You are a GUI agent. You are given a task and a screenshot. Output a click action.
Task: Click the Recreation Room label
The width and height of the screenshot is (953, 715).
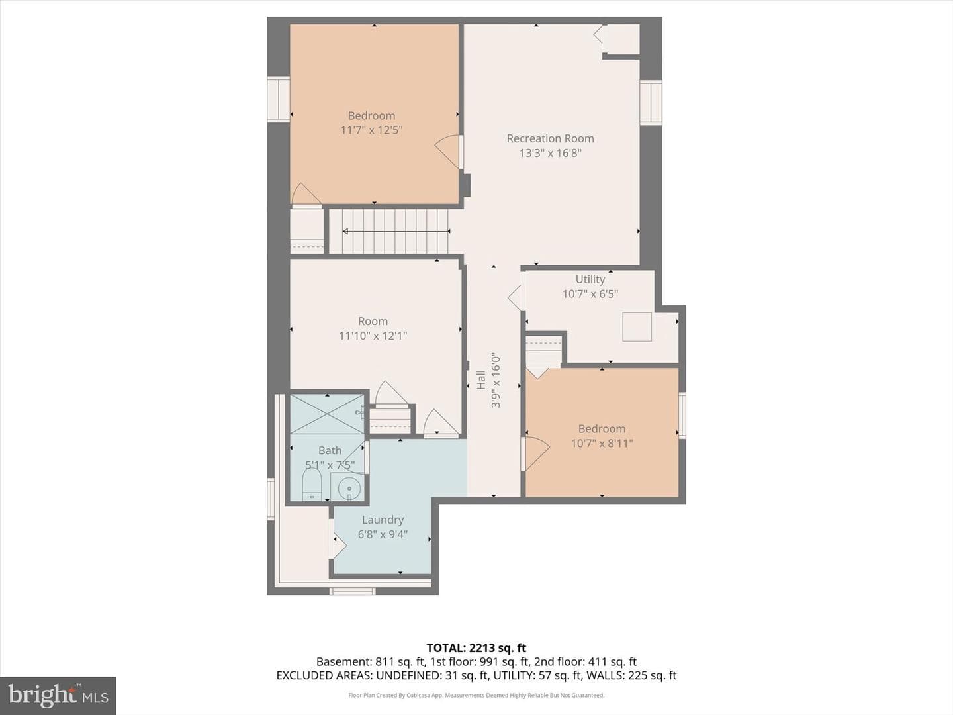click(550, 138)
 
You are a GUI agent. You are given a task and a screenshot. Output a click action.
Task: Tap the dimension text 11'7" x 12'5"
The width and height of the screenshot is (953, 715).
click(372, 130)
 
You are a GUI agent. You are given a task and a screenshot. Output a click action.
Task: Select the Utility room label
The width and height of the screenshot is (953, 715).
click(590, 279)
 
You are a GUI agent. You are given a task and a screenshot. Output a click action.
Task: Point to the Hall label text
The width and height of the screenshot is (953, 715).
click(480, 379)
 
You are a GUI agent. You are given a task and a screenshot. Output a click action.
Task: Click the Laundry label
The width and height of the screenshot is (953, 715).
click(383, 520)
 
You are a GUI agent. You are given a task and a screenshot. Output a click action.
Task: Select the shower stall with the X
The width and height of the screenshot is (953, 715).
click(327, 414)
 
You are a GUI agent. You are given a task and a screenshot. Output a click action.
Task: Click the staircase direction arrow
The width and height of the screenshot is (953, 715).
click(396, 232)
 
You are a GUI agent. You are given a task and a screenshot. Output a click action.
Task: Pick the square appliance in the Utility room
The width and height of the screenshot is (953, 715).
click(637, 326)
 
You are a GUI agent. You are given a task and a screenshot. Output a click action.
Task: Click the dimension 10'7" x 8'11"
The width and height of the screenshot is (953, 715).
click(602, 444)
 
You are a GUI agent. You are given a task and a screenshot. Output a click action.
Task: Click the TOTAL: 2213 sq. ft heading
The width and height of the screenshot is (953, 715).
click(476, 648)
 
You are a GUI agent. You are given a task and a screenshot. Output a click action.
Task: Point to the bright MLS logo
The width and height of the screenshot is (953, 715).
click(58, 696)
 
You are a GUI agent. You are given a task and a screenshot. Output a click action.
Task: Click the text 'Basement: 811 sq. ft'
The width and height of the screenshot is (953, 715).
click(370, 661)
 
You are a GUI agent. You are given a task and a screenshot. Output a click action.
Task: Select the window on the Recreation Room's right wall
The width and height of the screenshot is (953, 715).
click(651, 103)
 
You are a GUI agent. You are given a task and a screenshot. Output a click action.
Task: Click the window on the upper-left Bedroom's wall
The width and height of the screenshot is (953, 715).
click(279, 99)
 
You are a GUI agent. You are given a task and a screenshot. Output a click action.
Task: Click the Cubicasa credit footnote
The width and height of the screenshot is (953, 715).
click(476, 695)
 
